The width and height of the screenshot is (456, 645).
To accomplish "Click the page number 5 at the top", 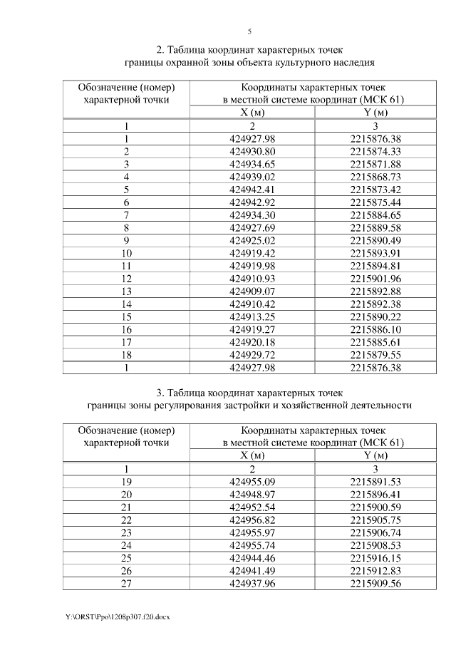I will point(249,31).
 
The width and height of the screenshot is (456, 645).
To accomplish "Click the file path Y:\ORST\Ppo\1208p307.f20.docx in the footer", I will point(116,616).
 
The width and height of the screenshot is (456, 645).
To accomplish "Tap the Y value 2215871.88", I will point(375,164).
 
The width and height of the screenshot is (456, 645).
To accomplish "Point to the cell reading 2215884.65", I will point(375,215).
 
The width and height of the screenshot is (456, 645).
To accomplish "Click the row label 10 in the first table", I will point(126,254).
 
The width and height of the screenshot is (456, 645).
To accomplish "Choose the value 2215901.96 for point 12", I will point(375,279).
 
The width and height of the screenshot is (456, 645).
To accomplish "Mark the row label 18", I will point(126,356).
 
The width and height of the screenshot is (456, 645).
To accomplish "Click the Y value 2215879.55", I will point(375,356).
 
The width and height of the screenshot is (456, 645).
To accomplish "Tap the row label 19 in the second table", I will point(126,482).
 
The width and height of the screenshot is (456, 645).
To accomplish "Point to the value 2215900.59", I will point(375,507).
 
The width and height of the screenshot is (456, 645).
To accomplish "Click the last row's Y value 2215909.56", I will point(375,584).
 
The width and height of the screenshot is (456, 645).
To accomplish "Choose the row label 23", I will point(126,533).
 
